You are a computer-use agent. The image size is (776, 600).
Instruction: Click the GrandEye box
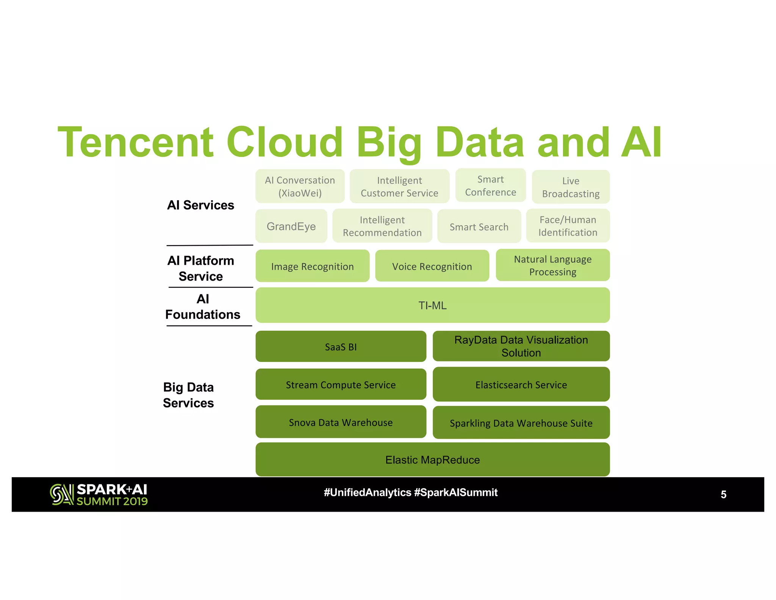[x=291, y=226]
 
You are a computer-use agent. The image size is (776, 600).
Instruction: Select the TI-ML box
[x=432, y=305]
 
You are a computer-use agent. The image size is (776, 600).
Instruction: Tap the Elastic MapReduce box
[x=432, y=460]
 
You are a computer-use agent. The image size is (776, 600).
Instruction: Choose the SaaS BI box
[x=341, y=347]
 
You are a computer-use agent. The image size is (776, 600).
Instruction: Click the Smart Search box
[x=479, y=226]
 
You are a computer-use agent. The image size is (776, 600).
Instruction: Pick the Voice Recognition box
[x=432, y=266]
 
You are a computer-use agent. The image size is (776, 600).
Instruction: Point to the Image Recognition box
[x=312, y=266]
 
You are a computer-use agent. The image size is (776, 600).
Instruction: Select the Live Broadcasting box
[x=571, y=187]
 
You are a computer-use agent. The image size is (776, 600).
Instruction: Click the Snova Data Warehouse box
[x=341, y=422]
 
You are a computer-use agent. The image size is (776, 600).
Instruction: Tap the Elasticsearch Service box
[x=521, y=385]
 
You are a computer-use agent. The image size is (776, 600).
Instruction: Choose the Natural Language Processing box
[x=552, y=265]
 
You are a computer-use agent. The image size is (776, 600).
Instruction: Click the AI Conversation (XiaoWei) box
[x=300, y=186]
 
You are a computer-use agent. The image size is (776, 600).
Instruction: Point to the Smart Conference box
[x=490, y=185]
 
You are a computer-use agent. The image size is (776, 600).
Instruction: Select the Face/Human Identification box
[x=568, y=226]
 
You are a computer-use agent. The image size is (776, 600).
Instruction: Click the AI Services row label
[x=200, y=205]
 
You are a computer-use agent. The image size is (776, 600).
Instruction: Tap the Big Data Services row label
[x=188, y=395]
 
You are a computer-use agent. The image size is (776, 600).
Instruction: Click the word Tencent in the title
[x=135, y=142]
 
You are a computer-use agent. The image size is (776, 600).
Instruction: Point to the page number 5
[x=723, y=495]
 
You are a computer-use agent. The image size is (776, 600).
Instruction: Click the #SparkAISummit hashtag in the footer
[x=456, y=492]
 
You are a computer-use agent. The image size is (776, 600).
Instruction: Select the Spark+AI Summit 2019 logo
[x=99, y=495]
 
